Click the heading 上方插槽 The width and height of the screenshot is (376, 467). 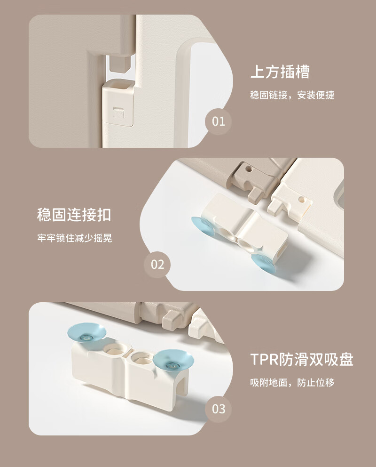[x=280, y=72]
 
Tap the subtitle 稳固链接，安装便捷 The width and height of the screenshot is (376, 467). [x=292, y=95]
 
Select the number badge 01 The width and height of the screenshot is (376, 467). [x=219, y=121]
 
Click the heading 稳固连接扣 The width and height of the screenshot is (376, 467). [x=74, y=215]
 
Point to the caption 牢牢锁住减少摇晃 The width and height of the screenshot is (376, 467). [x=75, y=238]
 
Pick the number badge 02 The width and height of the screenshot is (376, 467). [x=157, y=265]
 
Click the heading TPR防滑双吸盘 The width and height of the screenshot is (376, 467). [x=302, y=359]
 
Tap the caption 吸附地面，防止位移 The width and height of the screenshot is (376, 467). [x=292, y=382]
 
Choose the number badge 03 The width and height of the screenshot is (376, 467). [x=219, y=409]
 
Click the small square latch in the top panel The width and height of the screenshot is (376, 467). [x=118, y=113]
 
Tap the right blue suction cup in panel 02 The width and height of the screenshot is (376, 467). [x=263, y=263]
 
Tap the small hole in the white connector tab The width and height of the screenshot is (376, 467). [x=301, y=198]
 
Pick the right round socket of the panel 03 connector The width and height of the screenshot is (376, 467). [x=142, y=358]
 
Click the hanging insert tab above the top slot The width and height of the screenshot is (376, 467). [x=120, y=63]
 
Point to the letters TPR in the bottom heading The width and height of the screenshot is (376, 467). [x=265, y=360]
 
